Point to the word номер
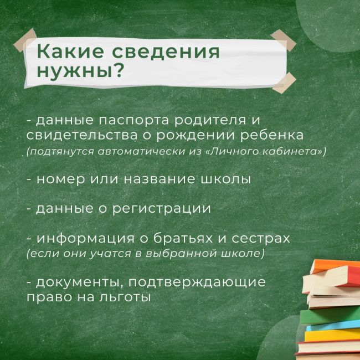(x=60, y=179)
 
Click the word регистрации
(x=161, y=209)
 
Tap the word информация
(x=85, y=239)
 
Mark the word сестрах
(x=261, y=239)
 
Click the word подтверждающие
(x=197, y=282)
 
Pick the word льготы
(x=125, y=297)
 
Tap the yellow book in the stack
(x=332, y=336)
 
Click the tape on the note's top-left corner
(x=25, y=40)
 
